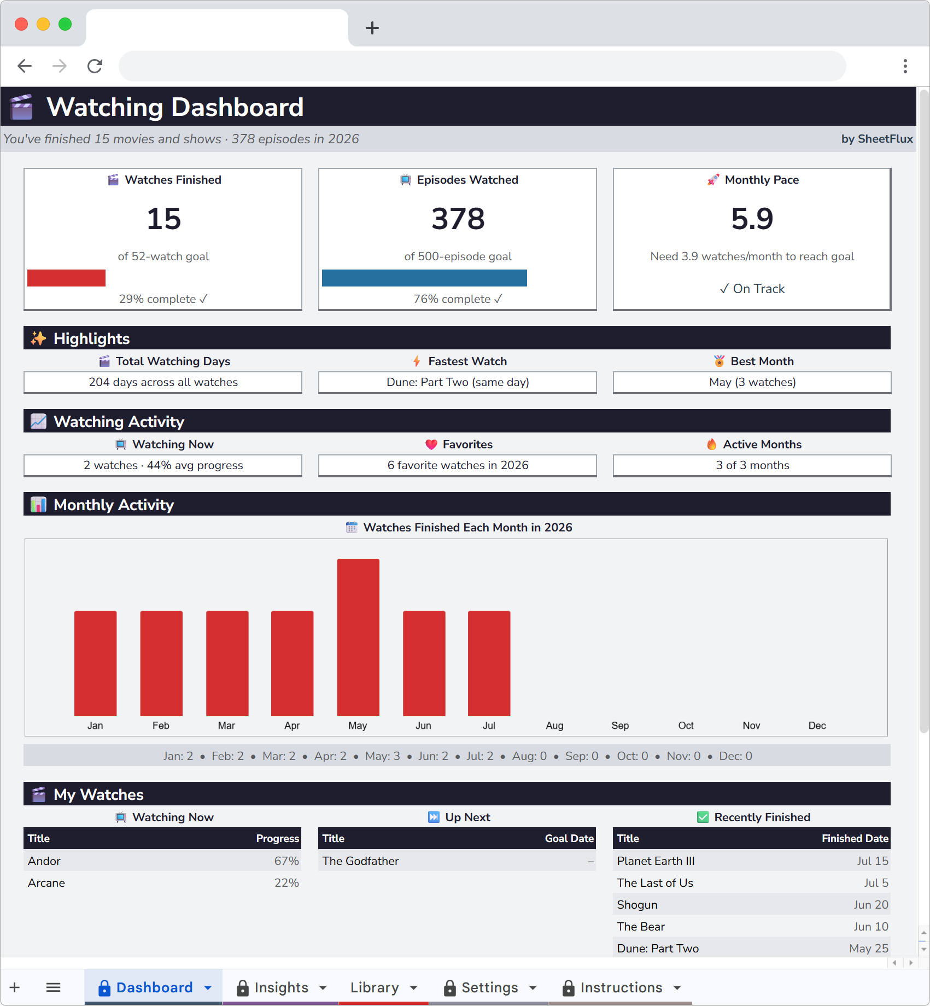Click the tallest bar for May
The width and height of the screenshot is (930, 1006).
pos(358,637)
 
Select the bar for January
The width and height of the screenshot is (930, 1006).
pos(96,663)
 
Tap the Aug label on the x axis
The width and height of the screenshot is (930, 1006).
pos(554,726)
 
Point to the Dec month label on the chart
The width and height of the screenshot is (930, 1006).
pos(817,726)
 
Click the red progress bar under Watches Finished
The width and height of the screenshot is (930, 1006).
pos(66,278)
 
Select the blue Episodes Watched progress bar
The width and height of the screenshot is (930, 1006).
pos(424,278)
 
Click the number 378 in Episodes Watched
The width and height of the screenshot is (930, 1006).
pos(458,219)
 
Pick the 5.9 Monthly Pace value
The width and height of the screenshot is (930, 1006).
pos(752,219)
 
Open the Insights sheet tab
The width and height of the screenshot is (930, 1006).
pos(281,987)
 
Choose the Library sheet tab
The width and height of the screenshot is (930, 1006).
pos(375,987)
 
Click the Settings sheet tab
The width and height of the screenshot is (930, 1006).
pos(489,987)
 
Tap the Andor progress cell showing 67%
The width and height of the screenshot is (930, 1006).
pos(286,861)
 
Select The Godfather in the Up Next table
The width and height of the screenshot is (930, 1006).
pos(361,861)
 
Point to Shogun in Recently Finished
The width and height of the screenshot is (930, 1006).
pos(637,905)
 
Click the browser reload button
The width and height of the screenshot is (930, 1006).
pos(95,66)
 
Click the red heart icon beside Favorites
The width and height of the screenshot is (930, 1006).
pos(431,444)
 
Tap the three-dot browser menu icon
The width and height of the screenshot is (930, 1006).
pos(905,66)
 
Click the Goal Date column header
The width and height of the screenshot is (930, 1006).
pos(569,838)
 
